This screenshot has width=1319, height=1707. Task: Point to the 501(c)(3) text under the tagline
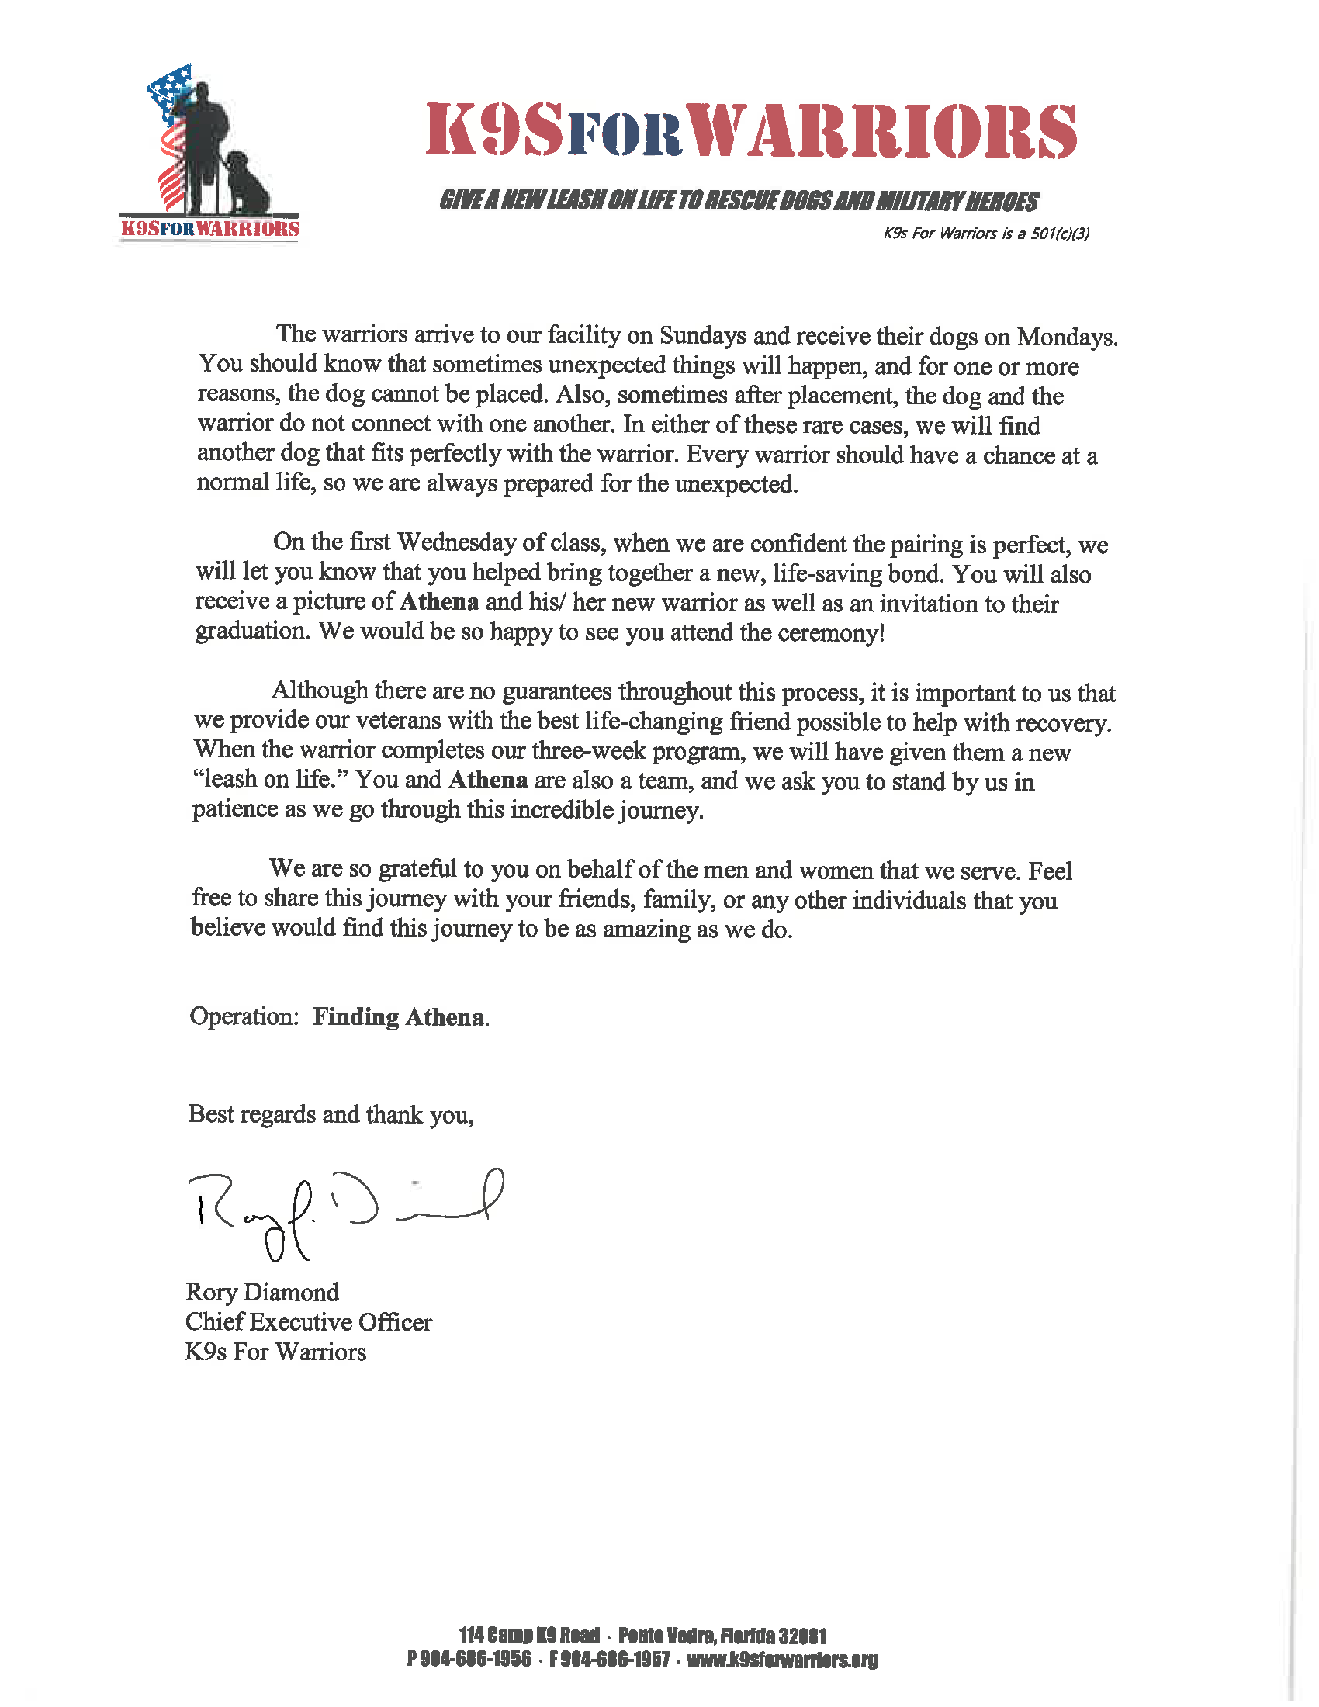click(x=1060, y=234)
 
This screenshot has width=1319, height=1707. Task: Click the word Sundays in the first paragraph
click(x=702, y=335)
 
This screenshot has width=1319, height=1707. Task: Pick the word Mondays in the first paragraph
click(x=1066, y=337)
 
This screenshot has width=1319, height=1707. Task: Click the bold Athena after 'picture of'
click(x=439, y=602)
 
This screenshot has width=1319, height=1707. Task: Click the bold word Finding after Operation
click(x=355, y=1016)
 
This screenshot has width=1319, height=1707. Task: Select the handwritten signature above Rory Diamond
click(x=344, y=1210)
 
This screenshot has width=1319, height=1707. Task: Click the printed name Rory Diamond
click(x=261, y=1293)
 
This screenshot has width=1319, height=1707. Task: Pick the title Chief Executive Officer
click(x=308, y=1322)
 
